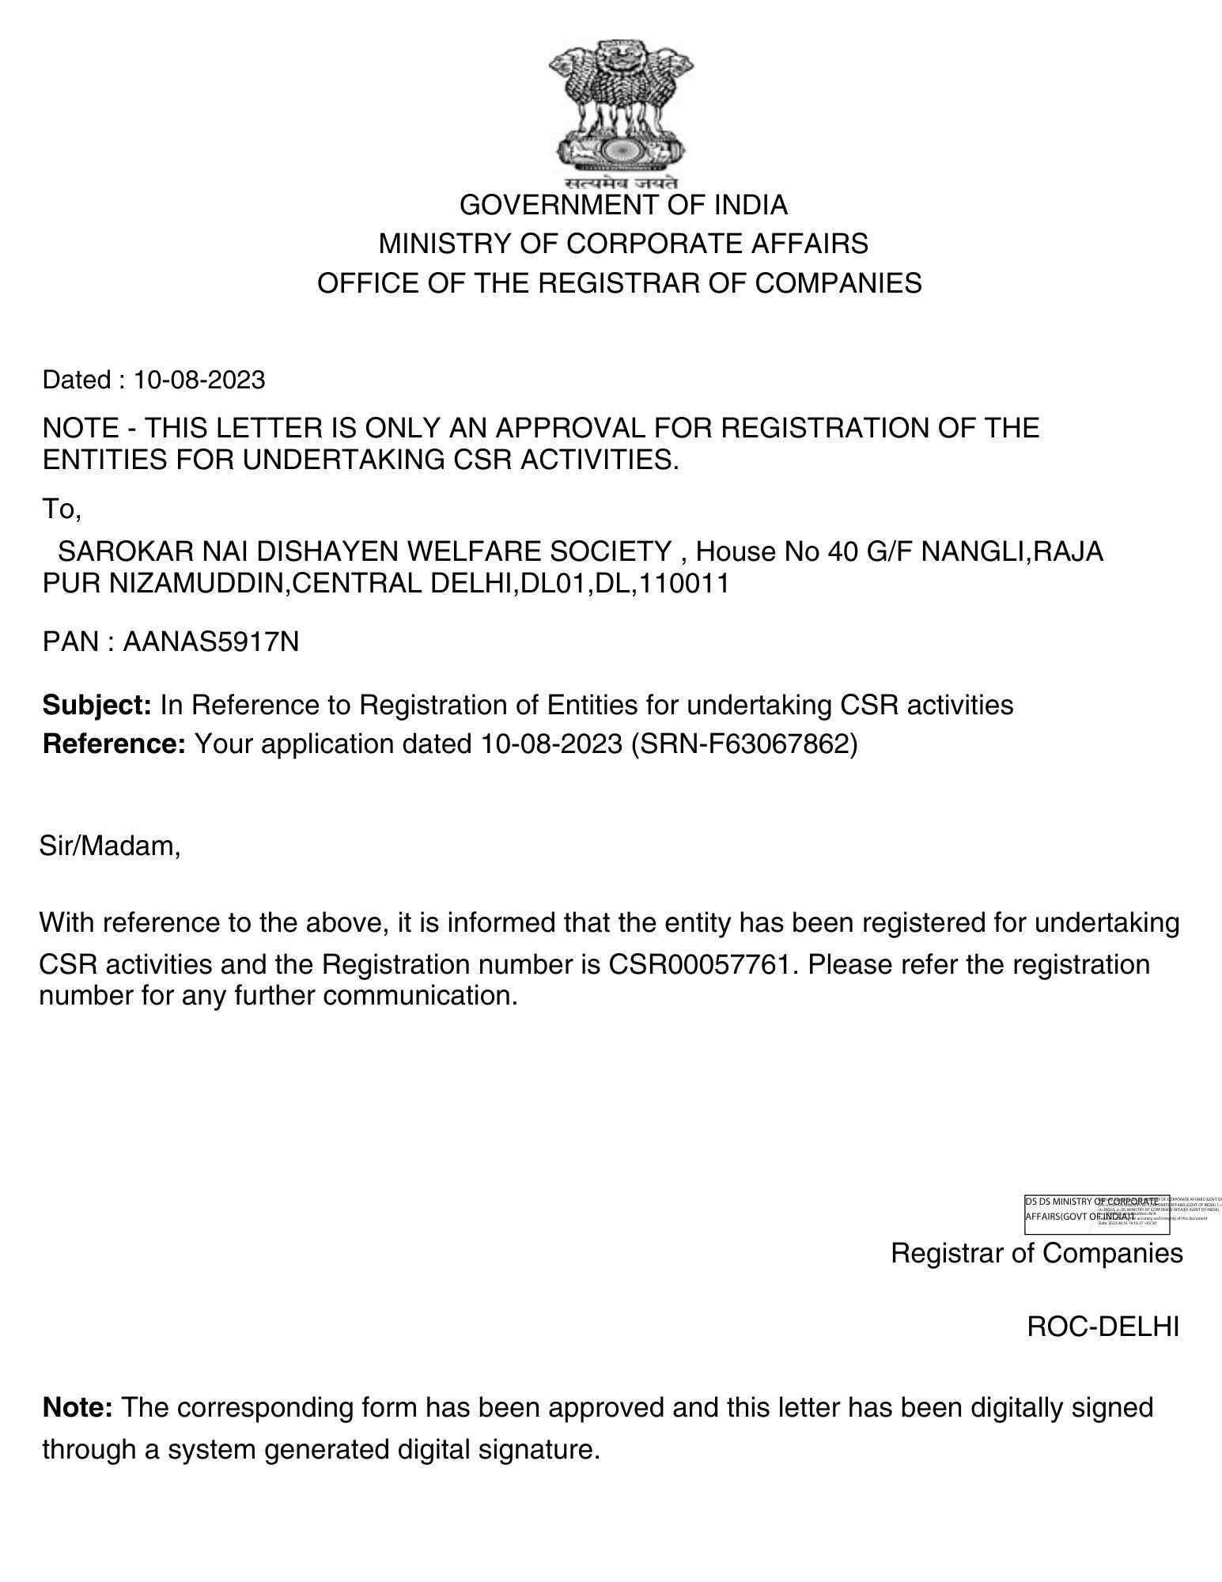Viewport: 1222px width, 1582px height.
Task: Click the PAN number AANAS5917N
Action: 211,642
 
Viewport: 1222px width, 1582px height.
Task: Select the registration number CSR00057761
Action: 699,965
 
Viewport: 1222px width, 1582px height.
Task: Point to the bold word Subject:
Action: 96,705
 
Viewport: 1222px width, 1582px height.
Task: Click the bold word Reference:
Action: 114,744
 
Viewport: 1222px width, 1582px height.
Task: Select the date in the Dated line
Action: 199,380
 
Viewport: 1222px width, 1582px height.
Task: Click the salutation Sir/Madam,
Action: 110,847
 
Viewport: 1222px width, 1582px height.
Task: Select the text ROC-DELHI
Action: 1103,1327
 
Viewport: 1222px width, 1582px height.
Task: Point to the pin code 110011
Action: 683,585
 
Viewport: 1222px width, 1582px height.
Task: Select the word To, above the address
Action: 61,510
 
